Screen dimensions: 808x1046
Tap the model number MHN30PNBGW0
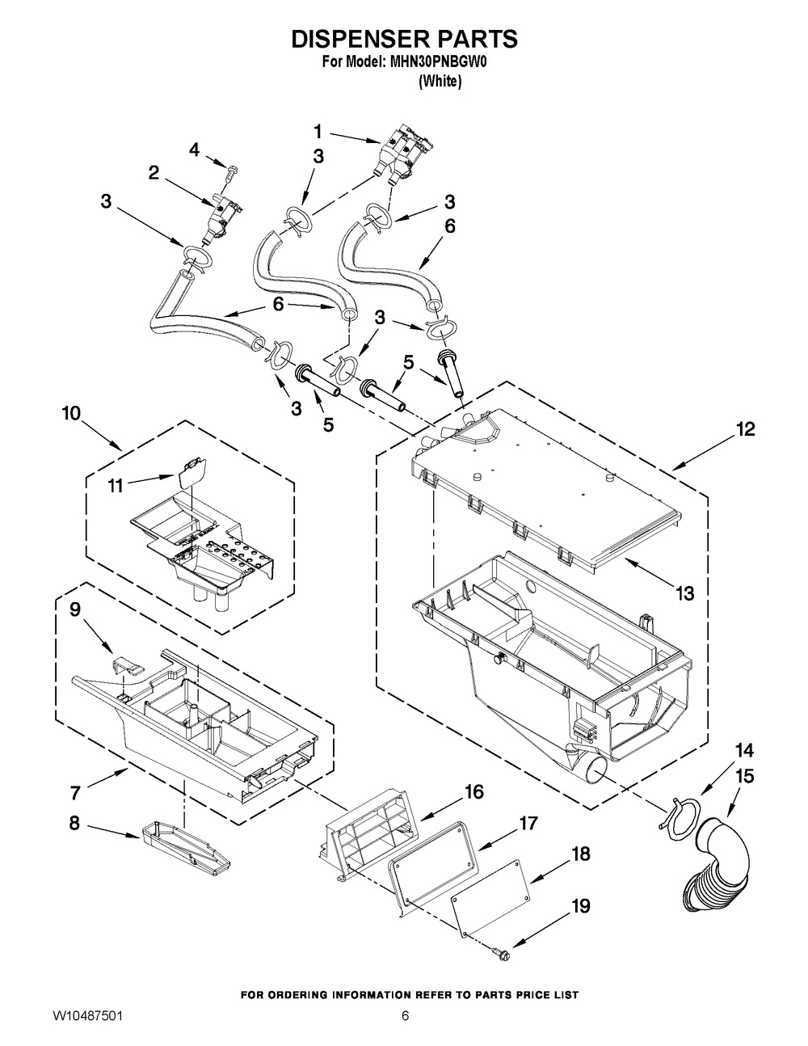point(440,63)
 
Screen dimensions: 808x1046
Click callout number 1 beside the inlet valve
point(318,131)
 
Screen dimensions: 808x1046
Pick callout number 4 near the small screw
point(194,150)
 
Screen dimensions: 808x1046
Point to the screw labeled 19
point(499,951)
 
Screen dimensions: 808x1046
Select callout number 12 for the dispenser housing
point(745,429)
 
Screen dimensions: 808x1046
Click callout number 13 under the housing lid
point(684,593)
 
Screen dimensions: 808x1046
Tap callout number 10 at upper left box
point(71,414)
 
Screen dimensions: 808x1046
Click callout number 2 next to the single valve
point(154,173)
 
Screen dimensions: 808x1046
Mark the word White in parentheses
point(440,82)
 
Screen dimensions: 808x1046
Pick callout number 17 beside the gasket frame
point(528,823)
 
